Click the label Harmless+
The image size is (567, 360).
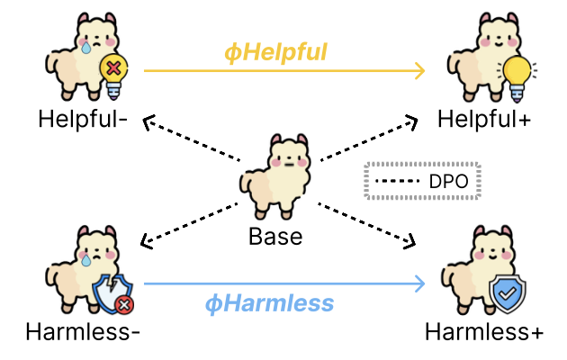tap(484, 331)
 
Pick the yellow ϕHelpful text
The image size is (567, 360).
tap(275, 52)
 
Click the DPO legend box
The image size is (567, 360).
tap(423, 180)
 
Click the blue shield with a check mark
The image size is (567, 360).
tap(508, 293)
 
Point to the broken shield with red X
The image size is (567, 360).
tap(111, 293)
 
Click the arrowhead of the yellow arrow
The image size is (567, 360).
tap(419, 70)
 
